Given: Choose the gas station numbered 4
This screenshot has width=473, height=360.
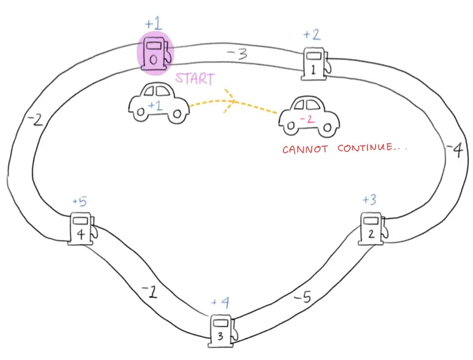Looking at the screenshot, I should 81,228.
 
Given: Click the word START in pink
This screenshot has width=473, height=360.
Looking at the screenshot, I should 194,78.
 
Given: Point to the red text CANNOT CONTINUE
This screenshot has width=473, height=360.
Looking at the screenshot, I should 345,147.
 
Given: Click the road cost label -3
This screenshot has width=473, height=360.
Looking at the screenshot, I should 236,54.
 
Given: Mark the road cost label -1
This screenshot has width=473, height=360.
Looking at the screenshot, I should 149,291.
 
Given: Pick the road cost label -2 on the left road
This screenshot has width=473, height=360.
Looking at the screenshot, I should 35,120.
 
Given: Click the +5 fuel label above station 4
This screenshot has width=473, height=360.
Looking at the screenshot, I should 79,201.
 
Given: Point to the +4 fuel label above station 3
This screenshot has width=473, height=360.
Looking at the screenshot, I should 220,303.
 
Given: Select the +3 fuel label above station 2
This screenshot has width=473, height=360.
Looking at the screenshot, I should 369,199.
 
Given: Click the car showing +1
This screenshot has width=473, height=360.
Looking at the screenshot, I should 156,103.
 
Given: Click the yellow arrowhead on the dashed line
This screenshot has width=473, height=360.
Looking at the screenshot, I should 229,100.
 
